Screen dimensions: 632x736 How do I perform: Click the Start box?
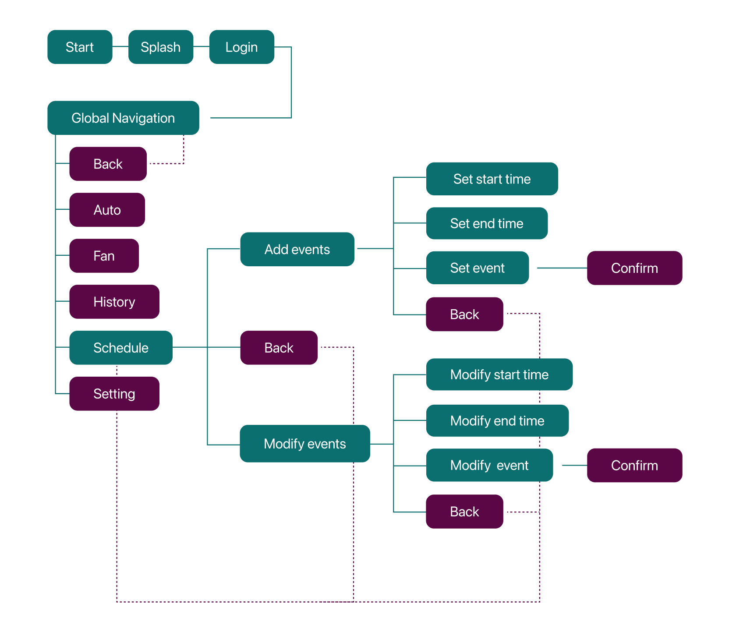(x=80, y=47)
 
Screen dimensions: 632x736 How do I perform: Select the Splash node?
(x=161, y=47)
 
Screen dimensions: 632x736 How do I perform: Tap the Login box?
(x=241, y=47)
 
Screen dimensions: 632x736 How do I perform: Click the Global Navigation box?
(x=123, y=118)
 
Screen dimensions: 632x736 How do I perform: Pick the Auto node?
(x=107, y=210)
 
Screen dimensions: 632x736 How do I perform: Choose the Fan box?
(x=104, y=256)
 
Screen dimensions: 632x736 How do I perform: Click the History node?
(x=114, y=302)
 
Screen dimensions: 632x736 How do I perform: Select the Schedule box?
(x=120, y=348)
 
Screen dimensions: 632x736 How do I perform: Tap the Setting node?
(x=114, y=394)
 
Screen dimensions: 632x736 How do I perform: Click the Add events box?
(x=297, y=249)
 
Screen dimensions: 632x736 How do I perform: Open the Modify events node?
(x=304, y=444)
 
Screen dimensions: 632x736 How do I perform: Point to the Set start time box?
(x=492, y=179)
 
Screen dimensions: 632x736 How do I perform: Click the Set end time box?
(x=487, y=223)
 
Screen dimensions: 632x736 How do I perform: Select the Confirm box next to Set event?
(x=634, y=268)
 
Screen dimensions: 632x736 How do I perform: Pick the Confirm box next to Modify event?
(x=634, y=465)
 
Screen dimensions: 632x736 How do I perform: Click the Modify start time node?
(x=499, y=374)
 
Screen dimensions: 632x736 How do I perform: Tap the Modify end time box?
(x=497, y=420)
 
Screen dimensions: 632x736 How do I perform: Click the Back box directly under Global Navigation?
(x=108, y=164)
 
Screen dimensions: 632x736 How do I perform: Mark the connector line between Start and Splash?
(x=120, y=46)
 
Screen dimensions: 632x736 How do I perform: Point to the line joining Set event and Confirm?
(x=562, y=268)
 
